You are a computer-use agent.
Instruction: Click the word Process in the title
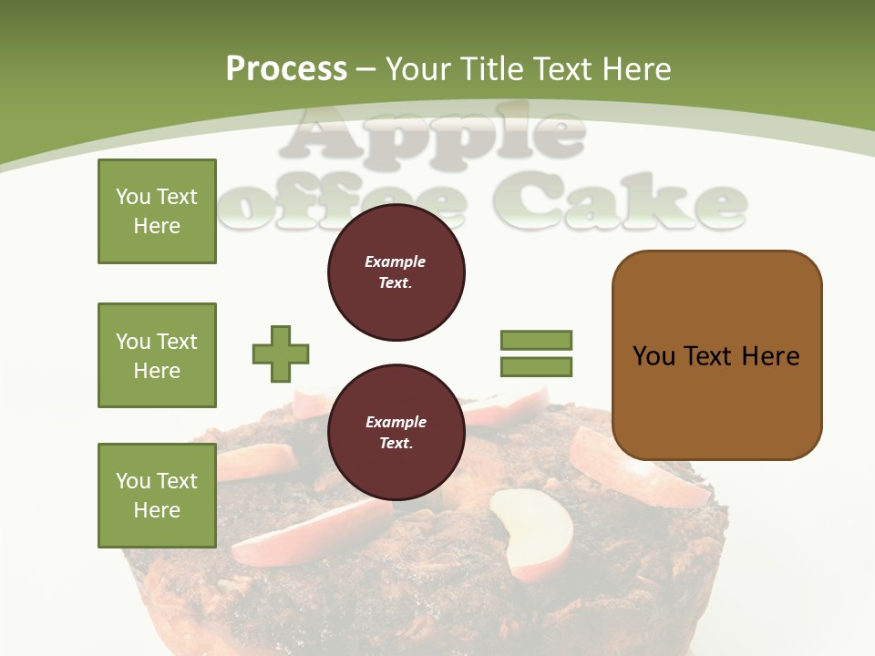[x=286, y=69]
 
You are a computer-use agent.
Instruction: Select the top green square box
[x=157, y=211]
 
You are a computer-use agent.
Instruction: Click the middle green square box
[x=157, y=355]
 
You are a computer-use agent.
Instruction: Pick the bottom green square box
[x=157, y=496]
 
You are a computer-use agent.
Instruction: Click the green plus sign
[x=281, y=354]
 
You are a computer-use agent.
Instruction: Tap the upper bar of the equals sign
[x=536, y=340]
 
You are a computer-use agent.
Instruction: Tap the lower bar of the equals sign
[x=536, y=367]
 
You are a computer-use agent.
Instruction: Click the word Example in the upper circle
[x=396, y=261]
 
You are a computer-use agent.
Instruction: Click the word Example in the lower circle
[x=396, y=422]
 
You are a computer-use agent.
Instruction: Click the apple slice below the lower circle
[x=533, y=533]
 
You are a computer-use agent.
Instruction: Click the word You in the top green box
[x=132, y=197]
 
